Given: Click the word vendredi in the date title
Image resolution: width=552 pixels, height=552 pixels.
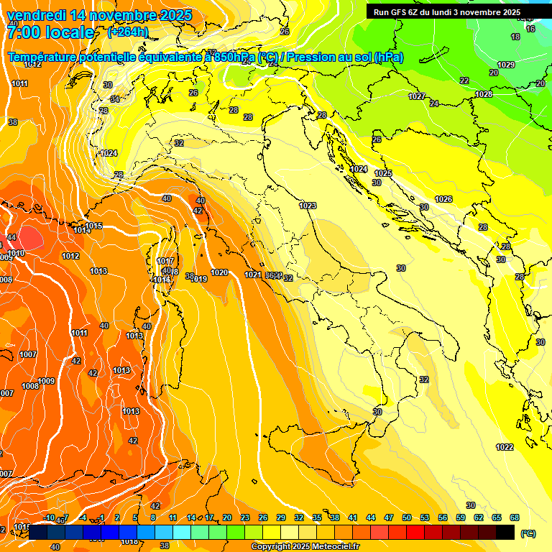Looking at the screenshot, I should point(37,15).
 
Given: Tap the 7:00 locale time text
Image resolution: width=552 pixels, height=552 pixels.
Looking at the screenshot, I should point(50,32).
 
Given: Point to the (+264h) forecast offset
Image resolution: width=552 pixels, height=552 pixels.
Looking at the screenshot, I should point(128,32).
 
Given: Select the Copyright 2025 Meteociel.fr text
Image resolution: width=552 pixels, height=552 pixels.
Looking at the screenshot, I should point(305,547).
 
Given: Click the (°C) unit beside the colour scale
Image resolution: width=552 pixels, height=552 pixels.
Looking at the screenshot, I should point(528,533).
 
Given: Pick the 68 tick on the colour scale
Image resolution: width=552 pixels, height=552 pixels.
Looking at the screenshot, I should point(515,517).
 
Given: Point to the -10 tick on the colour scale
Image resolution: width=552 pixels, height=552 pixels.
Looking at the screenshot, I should point(49,517).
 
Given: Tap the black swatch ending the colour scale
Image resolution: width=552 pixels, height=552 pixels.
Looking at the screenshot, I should point(505,532).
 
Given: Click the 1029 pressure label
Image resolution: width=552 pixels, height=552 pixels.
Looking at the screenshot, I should point(506,65).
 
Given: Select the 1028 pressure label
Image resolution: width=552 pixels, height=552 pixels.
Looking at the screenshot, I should point(484,95).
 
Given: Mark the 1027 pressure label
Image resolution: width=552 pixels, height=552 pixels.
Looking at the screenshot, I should point(417,96).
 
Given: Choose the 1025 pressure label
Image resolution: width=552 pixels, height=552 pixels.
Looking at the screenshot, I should point(383,174).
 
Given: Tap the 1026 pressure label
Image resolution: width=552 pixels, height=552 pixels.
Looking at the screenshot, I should point(443,199).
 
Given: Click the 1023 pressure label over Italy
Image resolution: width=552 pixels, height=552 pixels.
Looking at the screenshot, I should point(308,206).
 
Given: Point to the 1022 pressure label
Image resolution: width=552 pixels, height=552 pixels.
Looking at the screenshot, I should point(505,447).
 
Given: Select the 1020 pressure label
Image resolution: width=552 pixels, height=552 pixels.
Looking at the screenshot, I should point(219,272).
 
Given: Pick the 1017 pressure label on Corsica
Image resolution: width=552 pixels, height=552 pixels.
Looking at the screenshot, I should point(166,261).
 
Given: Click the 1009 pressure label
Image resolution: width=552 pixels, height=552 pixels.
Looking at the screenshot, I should point(47,381).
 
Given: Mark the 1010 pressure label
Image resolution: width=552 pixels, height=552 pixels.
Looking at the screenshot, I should point(17,253).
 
